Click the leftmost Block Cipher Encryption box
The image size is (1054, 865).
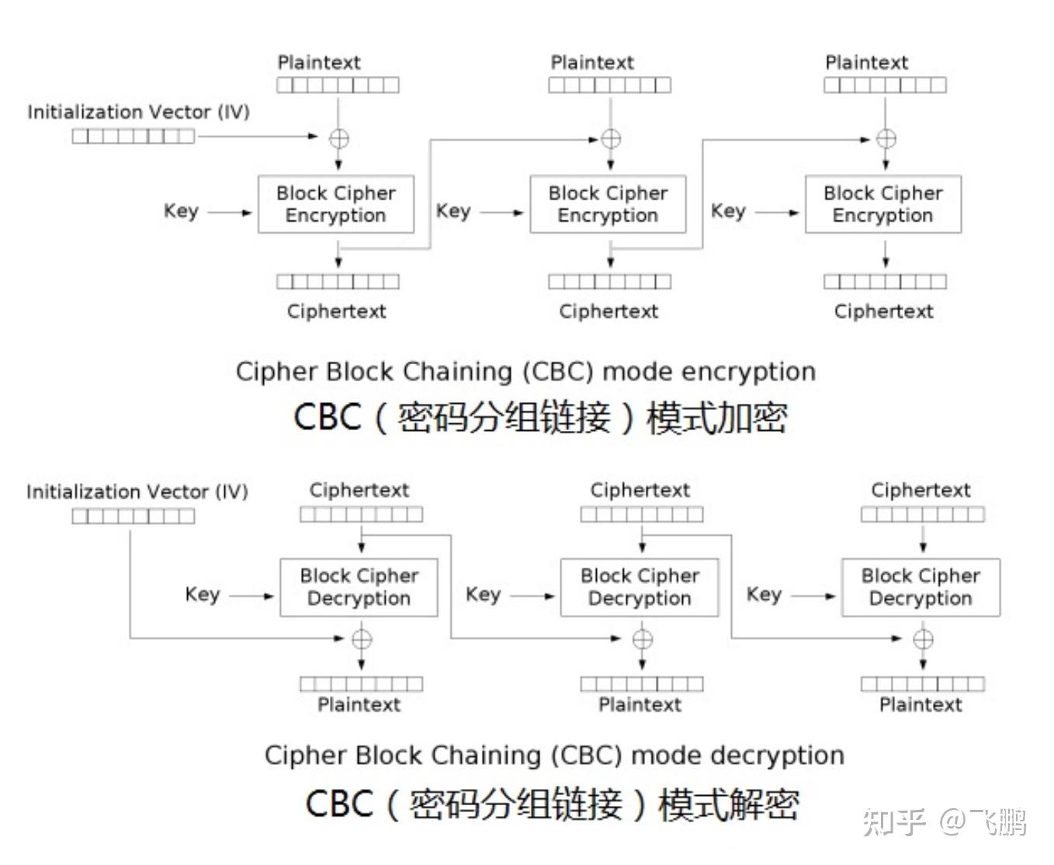click(335, 204)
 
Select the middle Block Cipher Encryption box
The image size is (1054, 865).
click(608, 204)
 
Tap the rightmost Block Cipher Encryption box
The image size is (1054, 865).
click(882, 204)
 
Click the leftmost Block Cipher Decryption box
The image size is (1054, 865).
click(359, 588)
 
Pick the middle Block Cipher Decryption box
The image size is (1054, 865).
click(640, 588)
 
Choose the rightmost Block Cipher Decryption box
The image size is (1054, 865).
click(921, 588)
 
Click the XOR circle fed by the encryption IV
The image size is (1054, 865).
click(339, 138)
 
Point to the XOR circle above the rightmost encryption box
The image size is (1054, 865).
click(886, 139)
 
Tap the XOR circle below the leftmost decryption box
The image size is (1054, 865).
click(362, 639)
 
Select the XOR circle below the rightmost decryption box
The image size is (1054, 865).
click(923, 639)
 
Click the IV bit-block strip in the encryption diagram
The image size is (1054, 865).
click(133, 137)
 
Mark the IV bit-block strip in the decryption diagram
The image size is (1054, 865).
click(133, 516)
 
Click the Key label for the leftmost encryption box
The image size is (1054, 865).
click(181, 211)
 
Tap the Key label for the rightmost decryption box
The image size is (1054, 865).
click(764, 594)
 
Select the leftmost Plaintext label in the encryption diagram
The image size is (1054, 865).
click(319, 63)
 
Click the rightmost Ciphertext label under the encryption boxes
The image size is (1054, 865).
click(883, 311)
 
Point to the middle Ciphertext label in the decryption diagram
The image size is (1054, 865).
click(640, 491)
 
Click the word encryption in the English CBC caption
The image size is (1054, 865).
click(749, 372)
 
